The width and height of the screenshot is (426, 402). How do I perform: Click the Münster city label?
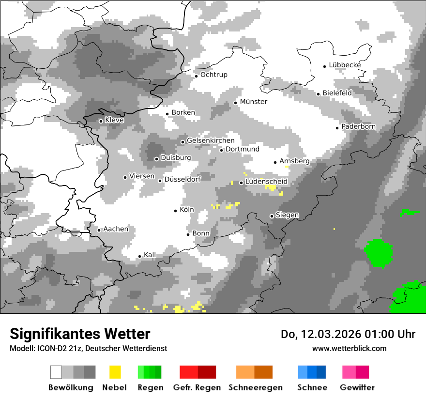click(254, 102)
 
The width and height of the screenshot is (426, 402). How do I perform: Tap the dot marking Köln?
click(176, 211)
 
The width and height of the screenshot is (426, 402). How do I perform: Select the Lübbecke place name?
click(345, 65)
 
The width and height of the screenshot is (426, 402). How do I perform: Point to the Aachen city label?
click(116, 229)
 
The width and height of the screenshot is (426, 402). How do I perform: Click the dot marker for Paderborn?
click(337, 128)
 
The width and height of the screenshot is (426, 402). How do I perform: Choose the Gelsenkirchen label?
click(211, 140)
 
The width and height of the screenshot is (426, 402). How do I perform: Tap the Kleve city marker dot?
click(101, 121)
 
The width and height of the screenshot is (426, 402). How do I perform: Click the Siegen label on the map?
click(287, 215)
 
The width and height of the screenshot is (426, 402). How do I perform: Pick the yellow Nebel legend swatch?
click(115, 372)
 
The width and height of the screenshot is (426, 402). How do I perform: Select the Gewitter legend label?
click(357, 387)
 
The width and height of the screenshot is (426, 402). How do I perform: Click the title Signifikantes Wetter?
click(80, 334)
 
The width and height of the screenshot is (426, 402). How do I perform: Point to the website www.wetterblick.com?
click(350, 348)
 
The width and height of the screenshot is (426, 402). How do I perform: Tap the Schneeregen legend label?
click(256, 387)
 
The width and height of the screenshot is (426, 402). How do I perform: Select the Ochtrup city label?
click(213, 75)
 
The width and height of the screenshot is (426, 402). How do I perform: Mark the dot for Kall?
click(139, 256)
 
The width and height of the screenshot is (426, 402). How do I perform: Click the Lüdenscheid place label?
click(266, 182)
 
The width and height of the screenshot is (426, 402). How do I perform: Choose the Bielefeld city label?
click(337, 93)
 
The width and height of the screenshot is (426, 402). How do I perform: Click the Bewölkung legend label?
click(71, 387)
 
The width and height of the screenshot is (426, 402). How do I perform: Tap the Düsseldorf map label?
click(183, 179)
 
